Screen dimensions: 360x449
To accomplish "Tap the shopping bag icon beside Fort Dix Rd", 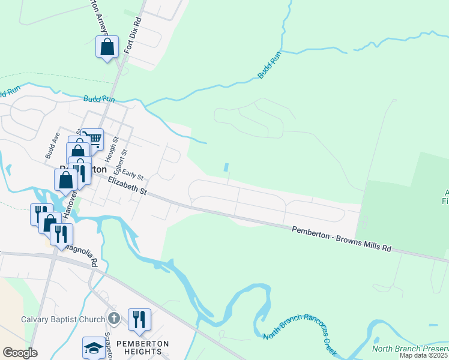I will tap(107, 47).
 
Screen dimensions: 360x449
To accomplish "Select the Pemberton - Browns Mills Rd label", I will tap(342, 239).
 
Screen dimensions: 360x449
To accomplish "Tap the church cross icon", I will tap(115, 319).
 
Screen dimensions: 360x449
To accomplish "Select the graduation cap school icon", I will tap(94, 347).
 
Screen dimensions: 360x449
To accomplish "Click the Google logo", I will tap(20, 352).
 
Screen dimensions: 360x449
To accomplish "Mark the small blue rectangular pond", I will tap(227, 167).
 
